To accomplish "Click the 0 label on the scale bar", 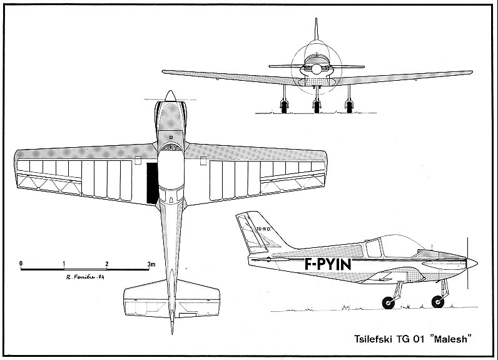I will point(21,264).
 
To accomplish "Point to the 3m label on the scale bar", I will point(151,264).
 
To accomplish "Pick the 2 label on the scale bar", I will point(108,264).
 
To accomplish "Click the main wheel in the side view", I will point(388,304).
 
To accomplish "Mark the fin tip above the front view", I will point(317,21).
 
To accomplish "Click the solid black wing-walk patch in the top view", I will point(151,183).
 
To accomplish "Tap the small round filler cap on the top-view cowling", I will point(170,135).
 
